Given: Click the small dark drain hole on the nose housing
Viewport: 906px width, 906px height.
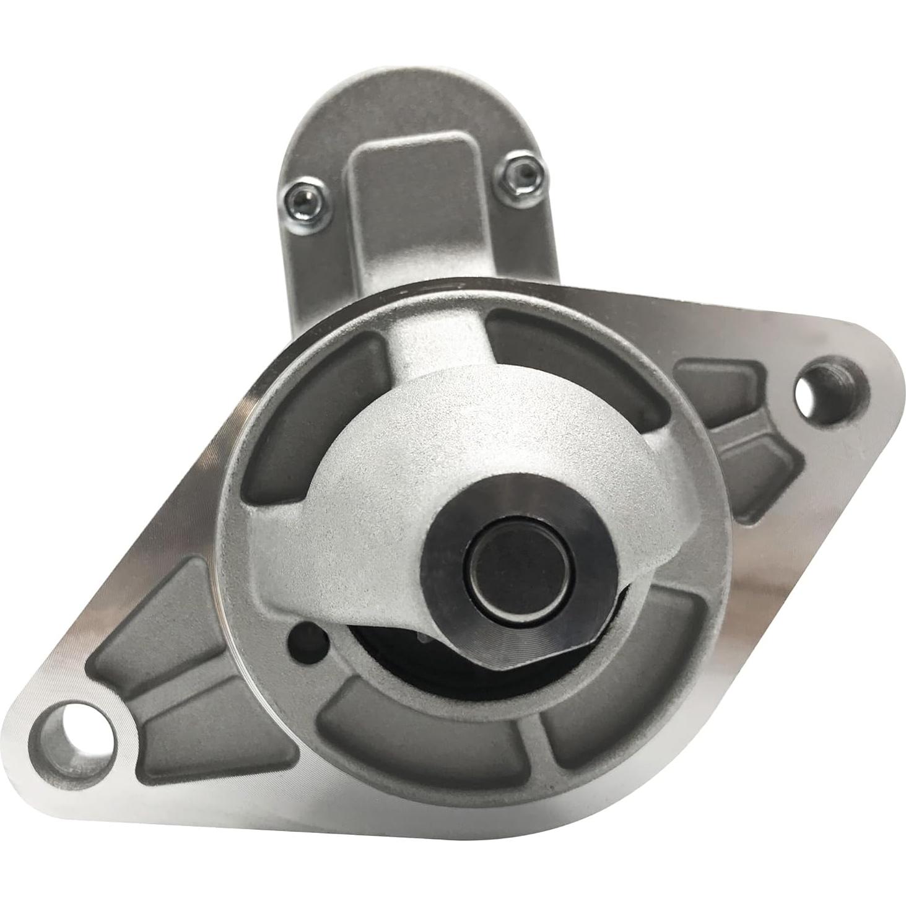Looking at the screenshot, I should (305, 637).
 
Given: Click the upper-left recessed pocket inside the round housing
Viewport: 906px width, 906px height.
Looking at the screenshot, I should (316, 421).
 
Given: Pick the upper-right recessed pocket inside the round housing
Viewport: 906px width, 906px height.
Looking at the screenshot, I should (570, 353).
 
